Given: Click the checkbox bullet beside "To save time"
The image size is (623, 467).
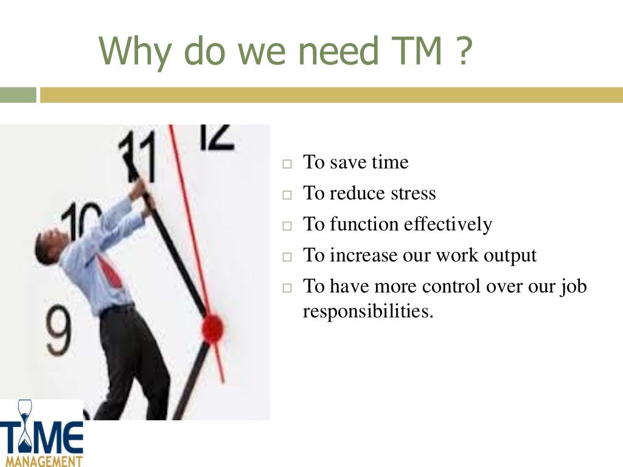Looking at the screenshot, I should point(287,164).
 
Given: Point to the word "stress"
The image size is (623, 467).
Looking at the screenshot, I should point(409,193).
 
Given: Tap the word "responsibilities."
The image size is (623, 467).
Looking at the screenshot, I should point(367,311).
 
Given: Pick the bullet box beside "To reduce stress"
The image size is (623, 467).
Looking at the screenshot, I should point(287,195).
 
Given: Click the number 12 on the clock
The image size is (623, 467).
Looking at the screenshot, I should point(215,137).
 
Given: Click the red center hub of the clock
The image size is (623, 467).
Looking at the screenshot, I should point(212,328).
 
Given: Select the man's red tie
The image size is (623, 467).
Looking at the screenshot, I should point(110,271).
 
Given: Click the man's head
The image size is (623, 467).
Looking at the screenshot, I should point(48,246).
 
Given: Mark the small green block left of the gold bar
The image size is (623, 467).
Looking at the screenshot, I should point(18,95).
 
